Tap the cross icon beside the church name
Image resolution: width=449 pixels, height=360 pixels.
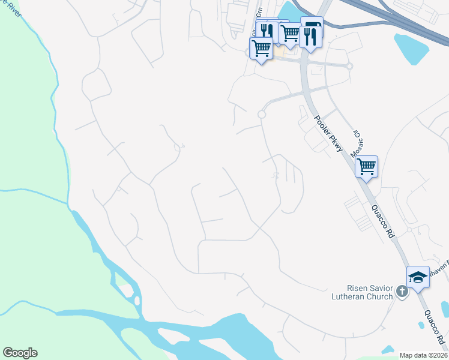pos(402,292)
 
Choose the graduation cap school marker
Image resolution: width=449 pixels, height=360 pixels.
pos(418,277)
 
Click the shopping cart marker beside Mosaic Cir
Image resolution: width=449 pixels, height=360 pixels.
pos(366,166)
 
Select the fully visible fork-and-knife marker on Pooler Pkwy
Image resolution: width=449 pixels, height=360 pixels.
pos(310,37)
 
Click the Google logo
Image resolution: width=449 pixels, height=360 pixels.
pos(20,353)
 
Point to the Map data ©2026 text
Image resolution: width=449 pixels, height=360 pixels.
pos(424,355)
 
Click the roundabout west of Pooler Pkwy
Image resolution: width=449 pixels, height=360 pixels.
pos(262,114)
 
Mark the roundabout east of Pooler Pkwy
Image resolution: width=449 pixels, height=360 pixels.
pos(349,66)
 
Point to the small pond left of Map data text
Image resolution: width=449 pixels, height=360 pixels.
pos(387,349)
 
